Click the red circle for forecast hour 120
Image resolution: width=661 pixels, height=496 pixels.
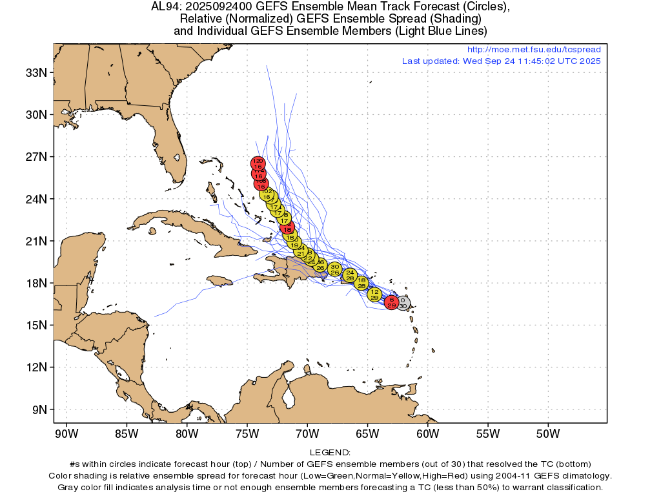(x=258, y=163)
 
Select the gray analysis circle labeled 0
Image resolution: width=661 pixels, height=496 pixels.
(x=403, y=303)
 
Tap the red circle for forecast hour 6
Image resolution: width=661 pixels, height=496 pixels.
(x=391, y=302)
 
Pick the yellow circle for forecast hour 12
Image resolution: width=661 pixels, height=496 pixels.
(x=374, y=294)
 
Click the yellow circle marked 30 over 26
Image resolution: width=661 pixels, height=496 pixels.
(x=334, y=269)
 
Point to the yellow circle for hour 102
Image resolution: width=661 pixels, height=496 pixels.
(x=266, y=194)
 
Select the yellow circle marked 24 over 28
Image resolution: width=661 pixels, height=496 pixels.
(x=350, y=275)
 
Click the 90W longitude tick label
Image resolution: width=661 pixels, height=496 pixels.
(x=66, y=433)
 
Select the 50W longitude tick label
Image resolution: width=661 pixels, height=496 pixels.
(x=547, y=433)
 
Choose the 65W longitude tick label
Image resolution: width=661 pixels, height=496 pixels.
(x=367, y=433)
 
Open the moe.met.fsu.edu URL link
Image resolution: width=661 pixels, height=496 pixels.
(x=533, y=50)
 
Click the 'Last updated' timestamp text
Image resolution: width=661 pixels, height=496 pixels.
(x=501, y=61)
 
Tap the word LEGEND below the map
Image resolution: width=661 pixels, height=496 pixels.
(x=330, y=453)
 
